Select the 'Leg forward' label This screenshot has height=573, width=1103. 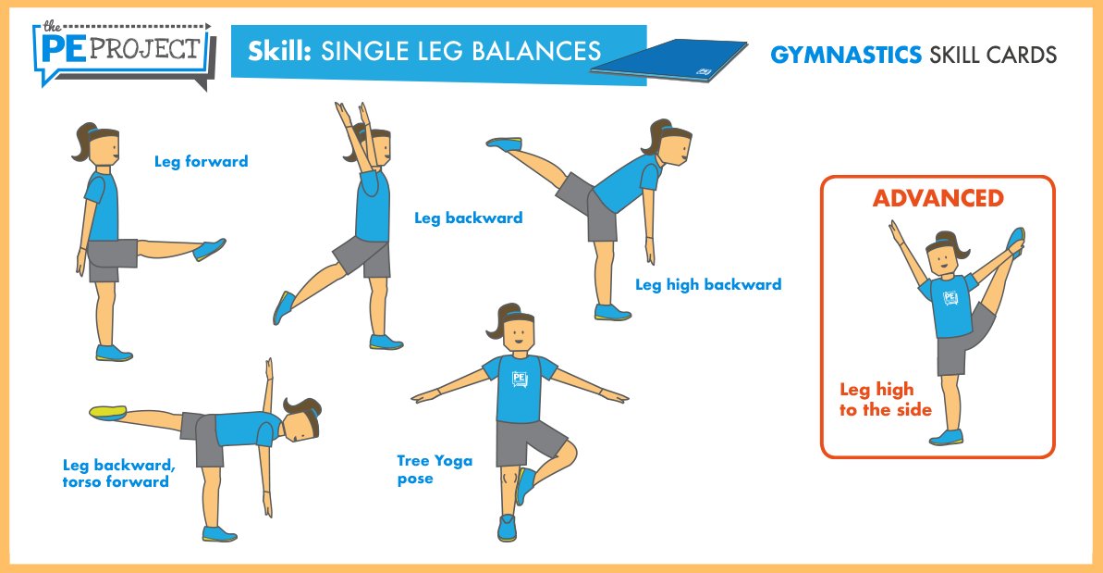point(201,161)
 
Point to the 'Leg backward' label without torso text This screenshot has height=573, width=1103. point(468,218)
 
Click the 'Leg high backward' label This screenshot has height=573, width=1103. point(707,284)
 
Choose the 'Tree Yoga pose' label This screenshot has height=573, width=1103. point(435,468)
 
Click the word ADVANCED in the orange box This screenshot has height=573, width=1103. point(938,198)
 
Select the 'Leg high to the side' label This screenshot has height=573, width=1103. point(885,400)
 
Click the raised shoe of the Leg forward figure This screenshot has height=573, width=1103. point(210,249)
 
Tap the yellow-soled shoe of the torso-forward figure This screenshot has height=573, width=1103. point(108,412)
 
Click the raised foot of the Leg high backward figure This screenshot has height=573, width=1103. point(504,143)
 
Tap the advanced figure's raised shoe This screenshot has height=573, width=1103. point(1015,241)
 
